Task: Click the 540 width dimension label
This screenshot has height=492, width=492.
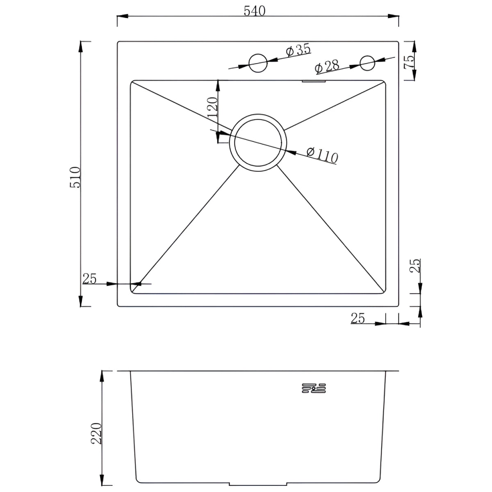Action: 255,11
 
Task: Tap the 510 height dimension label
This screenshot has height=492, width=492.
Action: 75,177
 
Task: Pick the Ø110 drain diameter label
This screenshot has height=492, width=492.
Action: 323,155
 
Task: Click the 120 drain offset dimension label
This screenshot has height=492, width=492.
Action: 213,107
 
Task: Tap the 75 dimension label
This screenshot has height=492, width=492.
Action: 408,62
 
